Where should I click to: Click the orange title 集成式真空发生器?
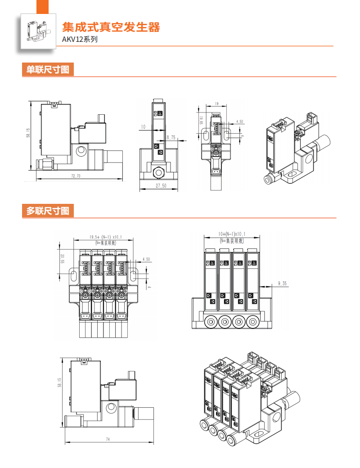[111, 27]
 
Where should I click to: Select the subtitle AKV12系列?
[80, 39]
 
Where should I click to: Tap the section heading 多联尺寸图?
[48, 211]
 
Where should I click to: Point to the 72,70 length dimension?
[76, 176]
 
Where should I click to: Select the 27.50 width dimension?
[161, 185]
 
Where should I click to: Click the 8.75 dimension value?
[171, 137]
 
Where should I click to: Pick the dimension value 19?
[217, 104]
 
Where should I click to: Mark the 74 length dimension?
[108, 439]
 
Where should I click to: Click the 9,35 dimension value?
[282, 283]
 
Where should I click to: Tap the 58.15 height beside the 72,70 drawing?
[28, 135]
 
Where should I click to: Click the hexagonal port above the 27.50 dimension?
[158, 171]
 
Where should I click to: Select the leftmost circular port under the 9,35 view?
[210, 322]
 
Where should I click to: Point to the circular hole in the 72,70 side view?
[81, 150]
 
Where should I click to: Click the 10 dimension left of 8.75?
[143, 127]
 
